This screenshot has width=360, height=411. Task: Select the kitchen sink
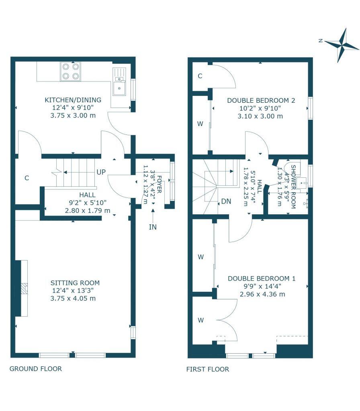point(119,87)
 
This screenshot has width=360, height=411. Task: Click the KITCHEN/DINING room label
point(73,100)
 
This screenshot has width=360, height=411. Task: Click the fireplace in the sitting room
point(23,288)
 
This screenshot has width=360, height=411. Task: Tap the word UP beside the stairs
point(100,172)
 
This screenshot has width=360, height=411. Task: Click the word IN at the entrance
point(153,227)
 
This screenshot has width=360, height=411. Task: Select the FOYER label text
point(159,185)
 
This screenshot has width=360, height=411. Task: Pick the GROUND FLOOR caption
point(36,368)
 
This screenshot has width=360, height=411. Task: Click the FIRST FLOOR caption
point(208,369)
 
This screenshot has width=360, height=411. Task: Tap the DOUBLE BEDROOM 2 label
point(261,100)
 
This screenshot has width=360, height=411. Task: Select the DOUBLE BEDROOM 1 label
point(262,278)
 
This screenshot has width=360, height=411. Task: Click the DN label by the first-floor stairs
point(226,201)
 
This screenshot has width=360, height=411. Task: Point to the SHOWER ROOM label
point(293,187)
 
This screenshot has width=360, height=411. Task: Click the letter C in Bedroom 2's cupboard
point(200,76)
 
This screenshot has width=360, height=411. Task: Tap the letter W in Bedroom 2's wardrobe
point(200,124)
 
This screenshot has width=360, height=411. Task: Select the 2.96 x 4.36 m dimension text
point(262,294)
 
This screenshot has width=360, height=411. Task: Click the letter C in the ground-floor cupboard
point(27,178)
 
